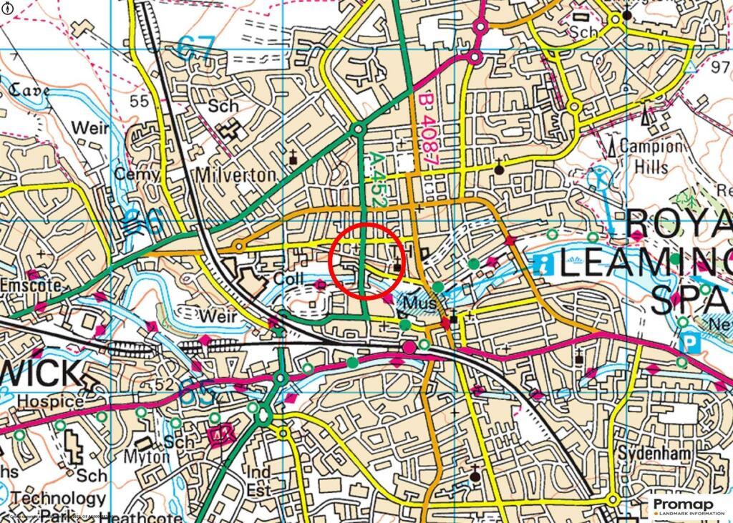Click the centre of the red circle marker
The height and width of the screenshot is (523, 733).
pyautogui.click(x=367, y=261)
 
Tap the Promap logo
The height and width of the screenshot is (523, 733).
pyautogui.click(x=688, y=507)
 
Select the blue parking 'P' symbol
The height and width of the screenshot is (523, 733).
pyautogui.click(x=689, y=343)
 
